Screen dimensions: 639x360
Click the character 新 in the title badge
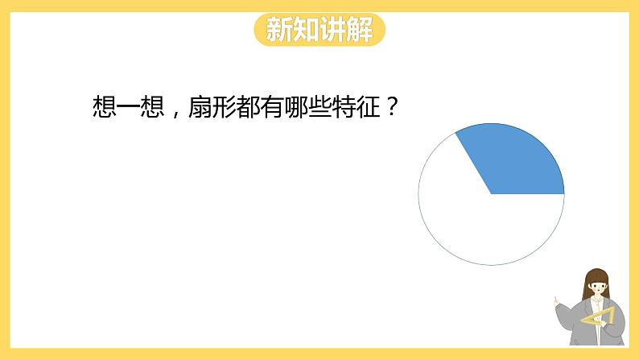tap(279, 29)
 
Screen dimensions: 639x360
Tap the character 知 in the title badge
tap(306, 29)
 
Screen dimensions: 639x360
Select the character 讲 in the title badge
tap(332, 29)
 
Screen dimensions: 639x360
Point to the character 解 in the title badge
tap(360, 29)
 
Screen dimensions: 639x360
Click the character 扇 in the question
tap(200, 107)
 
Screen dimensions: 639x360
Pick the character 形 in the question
tap(224, 107)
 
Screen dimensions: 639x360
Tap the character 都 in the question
tap(248, 107)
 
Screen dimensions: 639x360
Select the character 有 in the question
tap(272, 107)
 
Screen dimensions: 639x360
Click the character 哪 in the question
tap(296, 107)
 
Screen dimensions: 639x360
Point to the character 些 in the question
tap(320, 107)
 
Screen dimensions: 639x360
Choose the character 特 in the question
tap(344, 107)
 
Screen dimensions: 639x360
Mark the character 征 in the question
tap(368, 107)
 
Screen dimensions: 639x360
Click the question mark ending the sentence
tap(391, 107)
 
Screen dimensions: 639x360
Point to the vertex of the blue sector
tap(492, 194)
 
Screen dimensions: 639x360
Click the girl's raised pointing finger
tap(555, 301)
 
